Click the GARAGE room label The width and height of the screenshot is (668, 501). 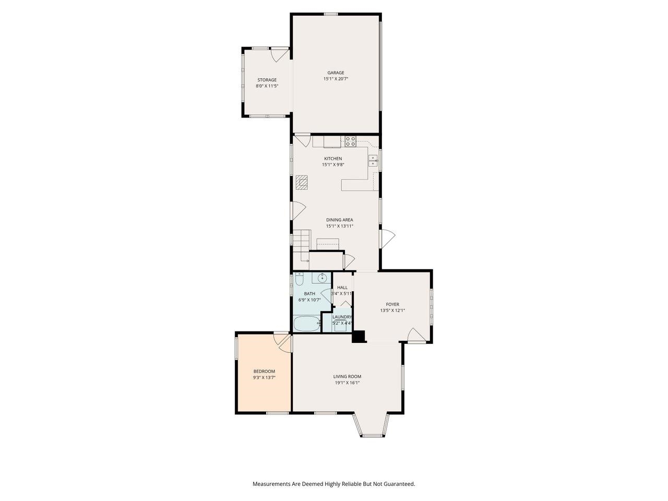click(336, 73)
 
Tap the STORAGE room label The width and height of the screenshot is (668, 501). click(267, 80)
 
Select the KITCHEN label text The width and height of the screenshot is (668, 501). click(333, 159)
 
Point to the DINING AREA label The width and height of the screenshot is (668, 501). click(340, 220)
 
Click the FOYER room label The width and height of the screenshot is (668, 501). click(392, 304)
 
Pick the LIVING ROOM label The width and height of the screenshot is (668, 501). click(347, 376)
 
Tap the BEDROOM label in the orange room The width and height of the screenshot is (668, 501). click(264, 371)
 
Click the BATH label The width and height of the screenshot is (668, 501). click(309, 293)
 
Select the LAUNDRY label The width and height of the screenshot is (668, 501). click(342, 317)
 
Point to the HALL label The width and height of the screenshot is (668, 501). click(342, 287)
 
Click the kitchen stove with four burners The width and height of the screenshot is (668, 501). click(351, 141)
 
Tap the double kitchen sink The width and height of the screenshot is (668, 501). click(373, 160)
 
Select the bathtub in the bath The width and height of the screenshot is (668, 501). click(306, 324)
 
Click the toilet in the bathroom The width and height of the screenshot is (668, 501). click(299, 277)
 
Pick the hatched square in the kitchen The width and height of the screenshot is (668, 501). click(302, 182)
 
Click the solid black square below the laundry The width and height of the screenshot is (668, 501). click(359, 337)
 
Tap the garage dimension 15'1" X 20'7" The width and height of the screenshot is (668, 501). click(336, 79)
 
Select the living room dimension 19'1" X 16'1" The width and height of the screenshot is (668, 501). click(347, 383)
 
